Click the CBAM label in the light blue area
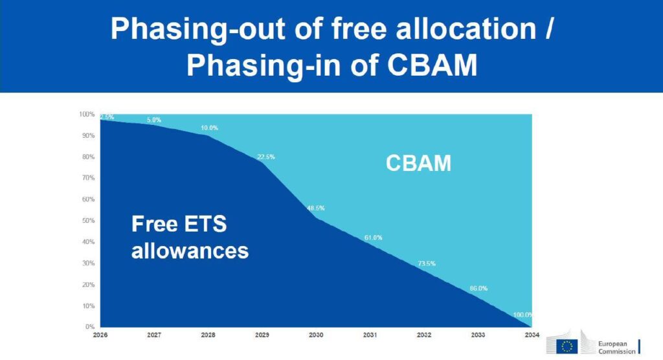tap(418, 163)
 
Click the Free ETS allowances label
tap(190, 237)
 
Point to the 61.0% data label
tap(373, 238)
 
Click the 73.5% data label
tap(426, 264)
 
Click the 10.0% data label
tap(208, 128)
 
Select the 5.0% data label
tap(154, 120)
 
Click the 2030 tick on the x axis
tap(315, 335)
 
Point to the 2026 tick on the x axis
tap(100, 335)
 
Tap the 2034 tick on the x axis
tap(531, 335)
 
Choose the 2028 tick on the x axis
tap(208, 335)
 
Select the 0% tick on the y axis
tap(89, 327)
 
